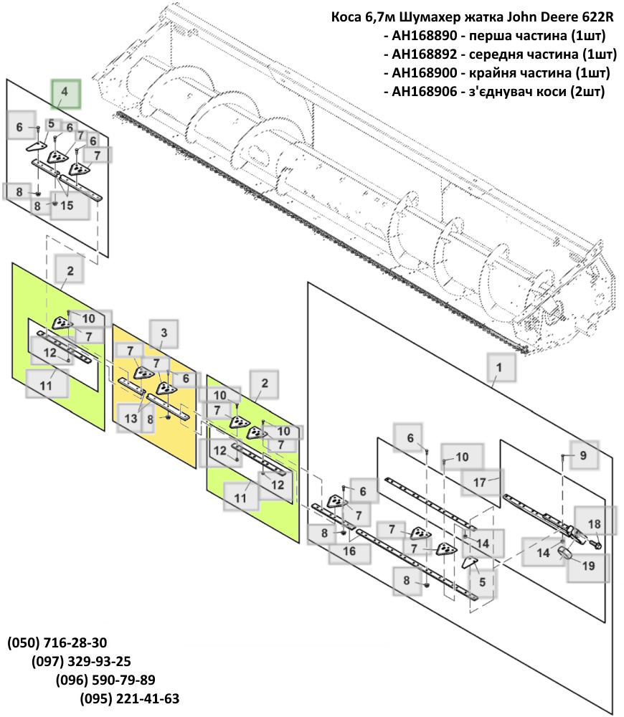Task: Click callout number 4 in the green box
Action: [65, 92]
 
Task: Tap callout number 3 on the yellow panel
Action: [164, 333]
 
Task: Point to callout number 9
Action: [583, 455]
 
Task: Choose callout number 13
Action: [131, 417]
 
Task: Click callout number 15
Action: [67, 205]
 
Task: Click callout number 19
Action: [588, 566]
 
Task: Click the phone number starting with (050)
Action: [57, 642]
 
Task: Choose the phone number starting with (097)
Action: [81, 661]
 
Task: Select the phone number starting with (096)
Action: [105, 680]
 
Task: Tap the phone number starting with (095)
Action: [129, 698]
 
